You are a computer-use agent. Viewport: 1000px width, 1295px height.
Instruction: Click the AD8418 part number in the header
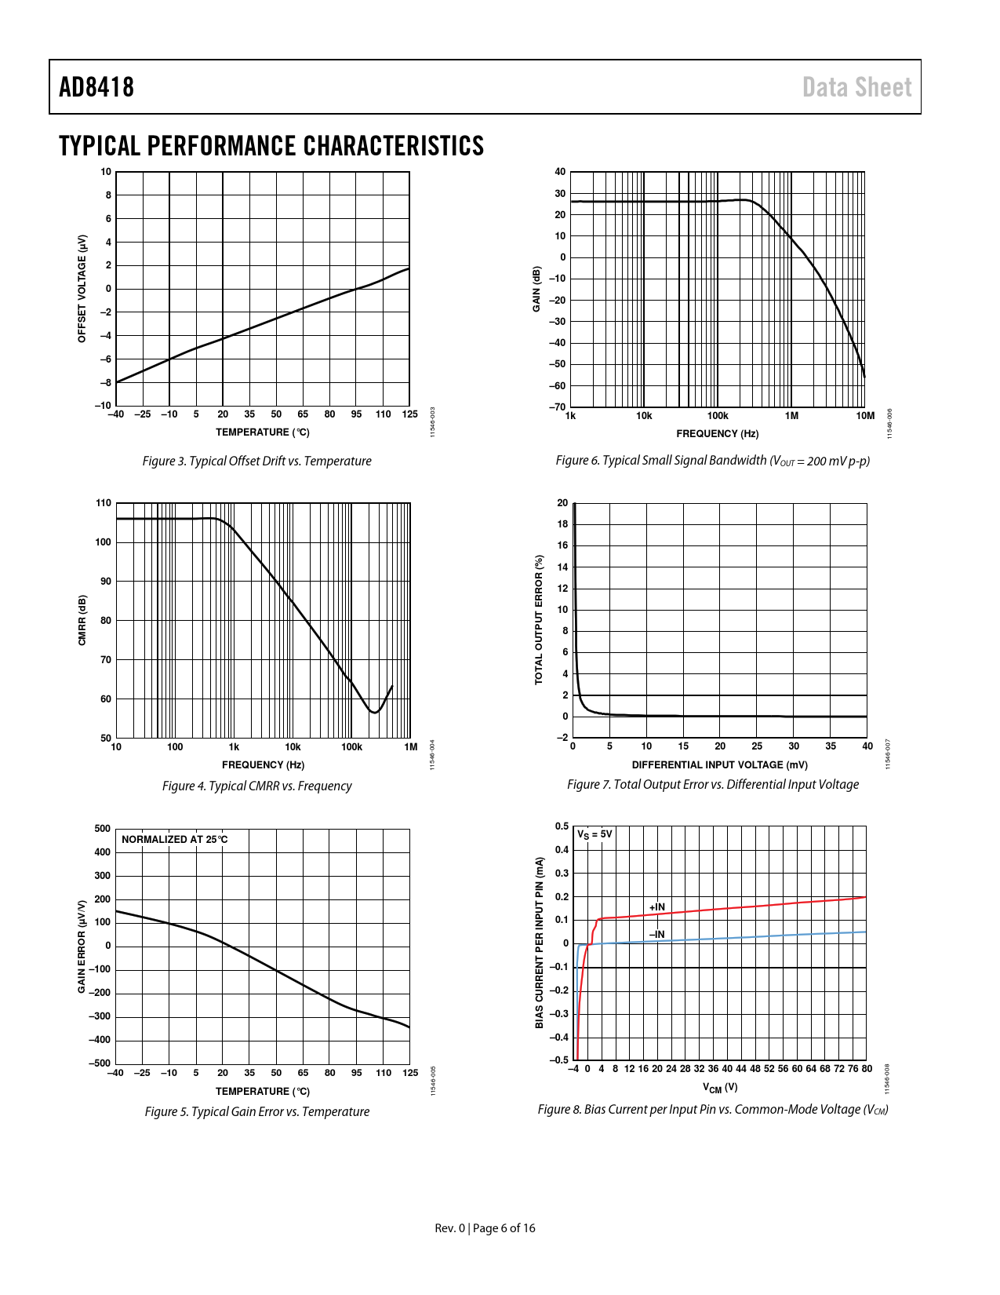[x=96, y=87]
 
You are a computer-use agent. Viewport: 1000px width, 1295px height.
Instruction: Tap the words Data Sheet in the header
[x=856, y=87]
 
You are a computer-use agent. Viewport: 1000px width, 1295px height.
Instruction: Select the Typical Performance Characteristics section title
[x=271, y=146]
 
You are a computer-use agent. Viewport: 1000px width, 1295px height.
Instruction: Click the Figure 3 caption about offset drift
[x=256, y=461]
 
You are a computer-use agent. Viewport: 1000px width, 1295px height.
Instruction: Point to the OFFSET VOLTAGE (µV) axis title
[x=82, y=288]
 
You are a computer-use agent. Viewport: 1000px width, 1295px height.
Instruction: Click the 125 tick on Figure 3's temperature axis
[x=409, y=414]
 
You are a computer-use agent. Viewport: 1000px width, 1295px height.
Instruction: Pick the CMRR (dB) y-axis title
[x=82, y=620]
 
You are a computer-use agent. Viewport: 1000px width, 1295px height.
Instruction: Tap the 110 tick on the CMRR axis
[x=104, y=503]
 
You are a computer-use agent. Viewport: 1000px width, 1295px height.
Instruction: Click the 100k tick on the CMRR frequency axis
[x=351, y=747]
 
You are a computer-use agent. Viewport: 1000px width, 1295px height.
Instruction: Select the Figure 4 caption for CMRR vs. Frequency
[x=256, y=786]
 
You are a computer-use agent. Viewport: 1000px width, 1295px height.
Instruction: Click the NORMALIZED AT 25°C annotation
[x=175, y=839]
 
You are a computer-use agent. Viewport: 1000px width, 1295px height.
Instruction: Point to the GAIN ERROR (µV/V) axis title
[x=82, y=946]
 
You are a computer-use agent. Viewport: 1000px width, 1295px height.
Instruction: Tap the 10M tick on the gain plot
[x=865, y=416]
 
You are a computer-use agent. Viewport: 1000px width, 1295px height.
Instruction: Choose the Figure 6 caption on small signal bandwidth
[x=712, y=461]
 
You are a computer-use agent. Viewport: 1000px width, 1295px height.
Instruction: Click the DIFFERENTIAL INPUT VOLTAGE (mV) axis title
[x=719, y=764]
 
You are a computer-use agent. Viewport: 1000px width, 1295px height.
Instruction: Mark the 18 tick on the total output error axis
[x=562, y=524]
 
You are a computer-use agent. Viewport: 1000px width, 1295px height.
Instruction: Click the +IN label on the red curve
[x=656, y=907]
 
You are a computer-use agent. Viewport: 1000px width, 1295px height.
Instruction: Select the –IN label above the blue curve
[x=656, y=934]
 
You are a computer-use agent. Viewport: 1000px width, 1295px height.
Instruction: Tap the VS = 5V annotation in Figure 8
[x=595, y=834]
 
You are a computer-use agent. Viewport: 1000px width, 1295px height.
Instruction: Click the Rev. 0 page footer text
[x=485, y=1228]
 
